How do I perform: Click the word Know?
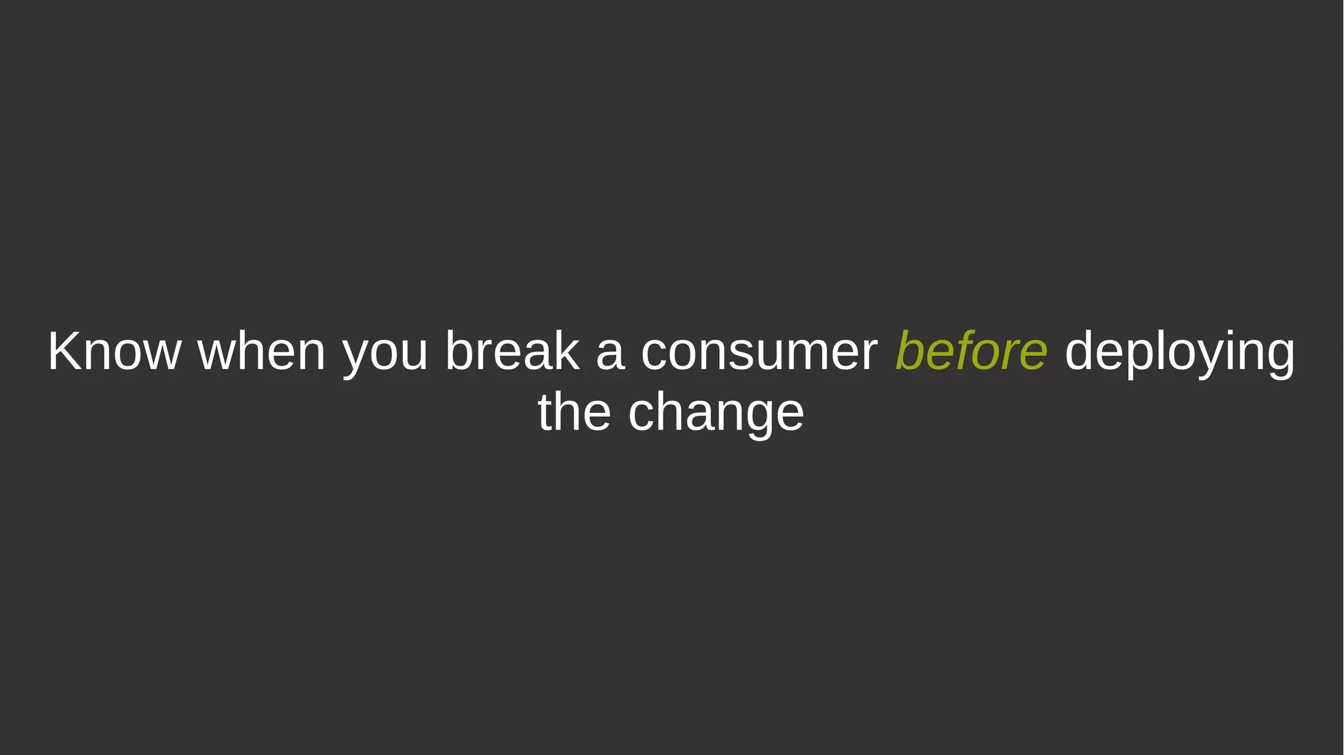114,352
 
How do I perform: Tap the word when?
261,352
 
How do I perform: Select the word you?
385,355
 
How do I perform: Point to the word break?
512,352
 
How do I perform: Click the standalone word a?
610,355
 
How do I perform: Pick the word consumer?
759,355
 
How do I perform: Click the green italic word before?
971,352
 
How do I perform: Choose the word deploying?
1179,355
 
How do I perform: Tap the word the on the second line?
574,412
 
